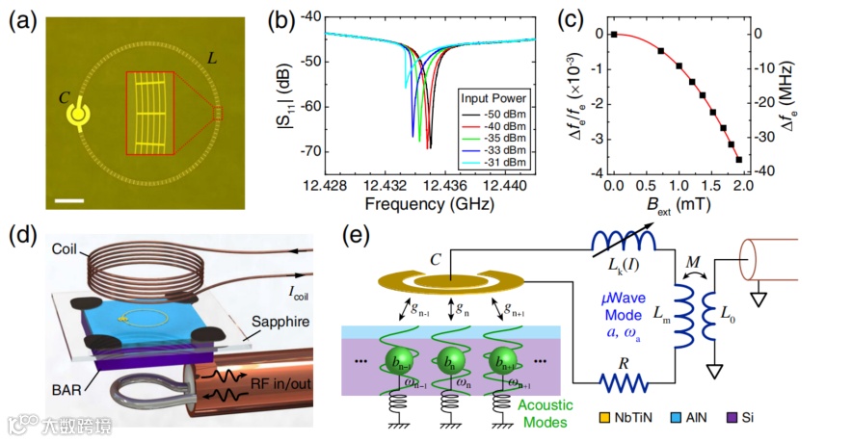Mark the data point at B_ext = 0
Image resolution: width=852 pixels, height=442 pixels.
click(x=612, y=35)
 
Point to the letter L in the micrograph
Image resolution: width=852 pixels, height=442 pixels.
click(x=211, y=62)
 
